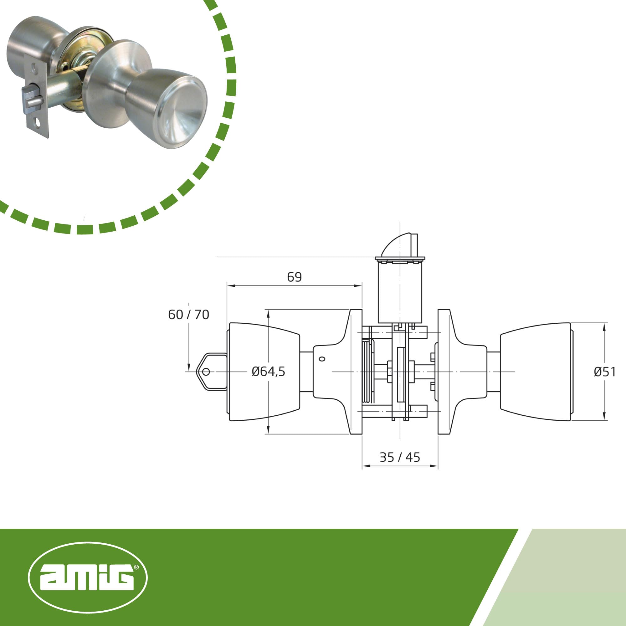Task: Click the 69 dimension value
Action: click(x=294, y=277)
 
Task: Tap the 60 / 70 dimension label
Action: click(x=188, y=315)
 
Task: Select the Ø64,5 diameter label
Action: click(x=268, y=371)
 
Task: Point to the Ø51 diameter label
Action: click(x=605, y=372)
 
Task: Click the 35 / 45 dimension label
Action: click(x=400, y=457)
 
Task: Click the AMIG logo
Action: click(x=88, y=577)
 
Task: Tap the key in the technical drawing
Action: click(x=211, y=372)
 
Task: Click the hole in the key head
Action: click(x=205, y=372)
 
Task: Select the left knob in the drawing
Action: click(x=264, y=372)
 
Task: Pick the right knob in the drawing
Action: click(x=536, y=372)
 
